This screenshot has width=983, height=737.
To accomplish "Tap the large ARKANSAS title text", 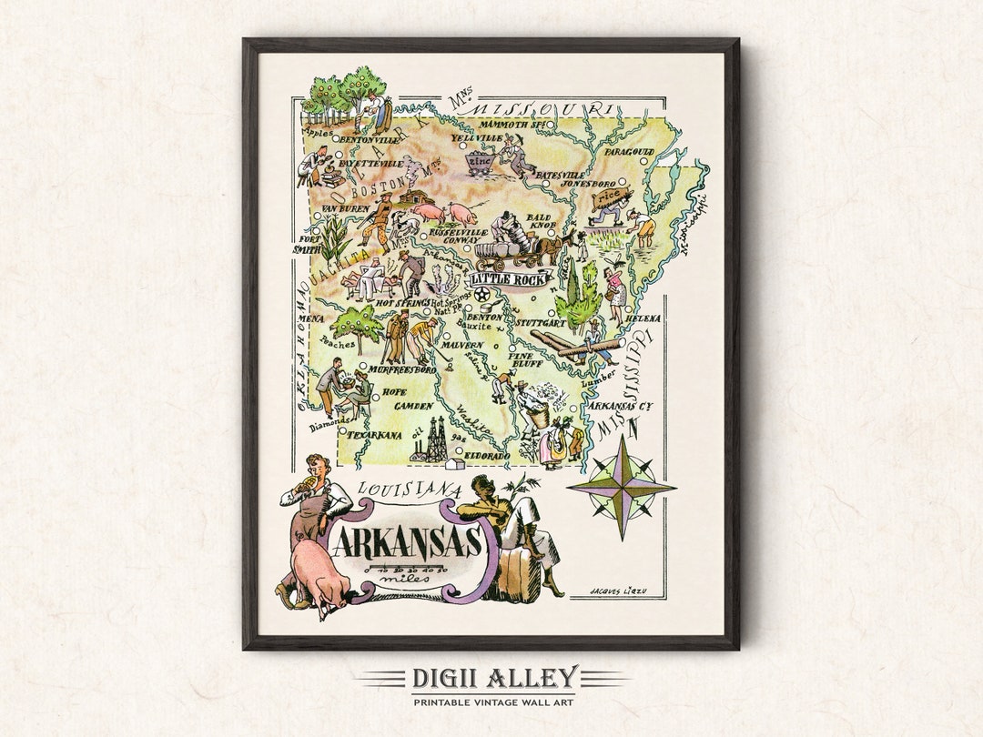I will pos(407,543).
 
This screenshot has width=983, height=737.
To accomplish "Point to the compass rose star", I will pos(622,487).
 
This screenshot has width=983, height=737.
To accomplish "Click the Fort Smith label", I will pos(308,243).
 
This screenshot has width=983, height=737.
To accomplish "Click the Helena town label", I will pos(643,319).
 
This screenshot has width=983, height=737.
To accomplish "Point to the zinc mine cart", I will pos(480,164).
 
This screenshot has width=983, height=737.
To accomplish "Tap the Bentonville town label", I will pos(370,141).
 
